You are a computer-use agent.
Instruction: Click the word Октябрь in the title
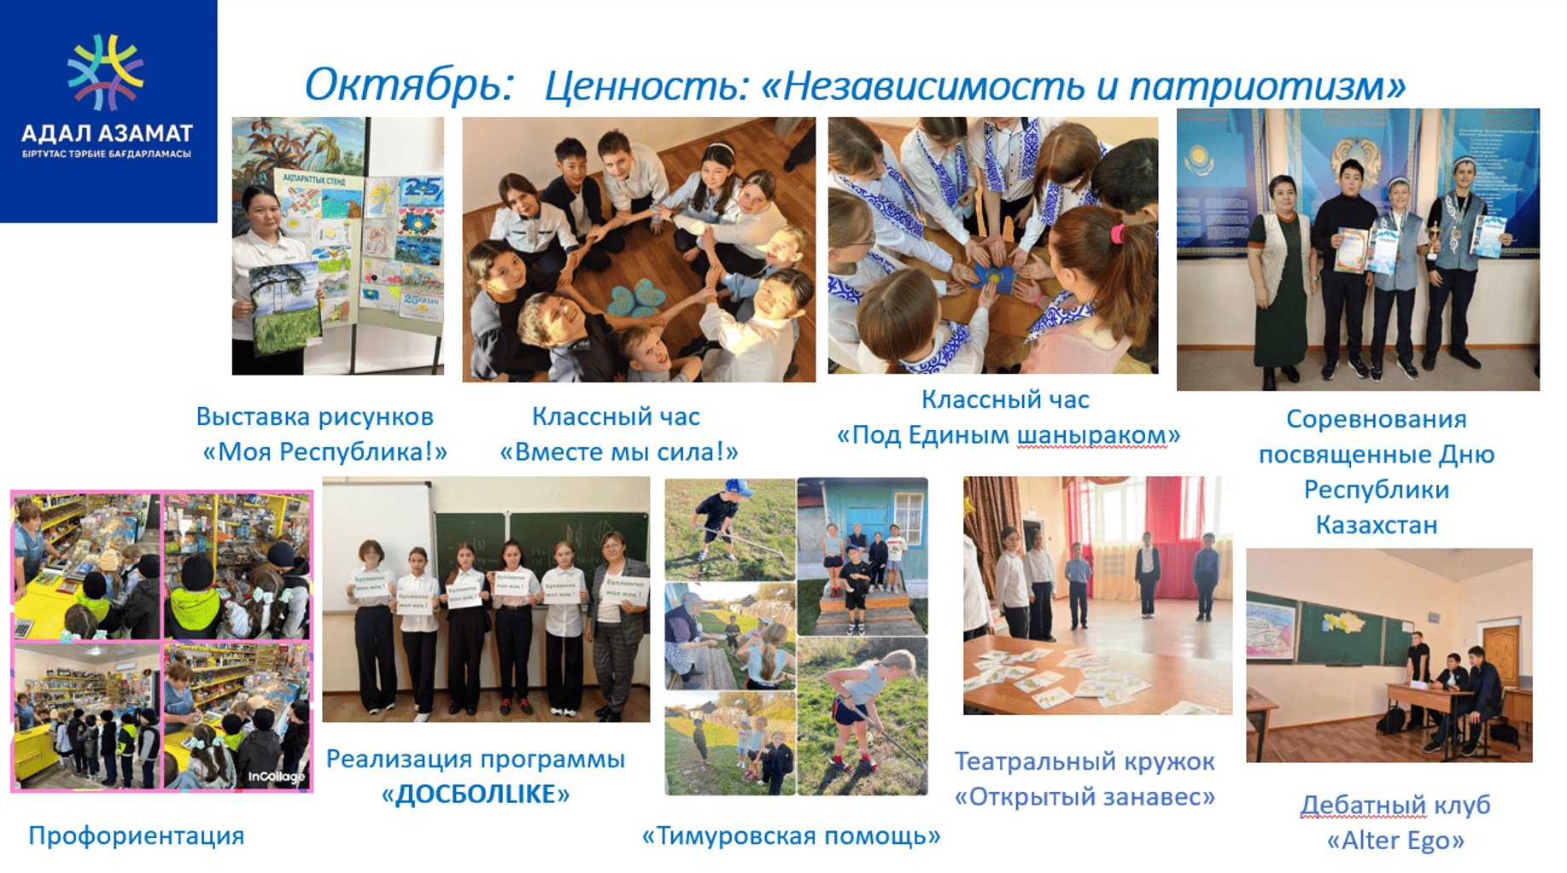pos(409,85)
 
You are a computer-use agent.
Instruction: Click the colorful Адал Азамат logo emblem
pos(106,73)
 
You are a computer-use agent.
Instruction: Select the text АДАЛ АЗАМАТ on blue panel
pos(107,134)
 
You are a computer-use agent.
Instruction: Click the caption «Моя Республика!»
pos(325,451)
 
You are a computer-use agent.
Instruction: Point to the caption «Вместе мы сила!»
pos(618,451)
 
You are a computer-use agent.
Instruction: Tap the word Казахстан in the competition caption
pos(1376,525)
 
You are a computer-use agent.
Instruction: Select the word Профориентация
pos(137,835)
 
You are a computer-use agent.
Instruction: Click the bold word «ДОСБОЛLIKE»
pos(476,794)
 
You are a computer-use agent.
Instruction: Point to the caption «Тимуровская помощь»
pos(791,835)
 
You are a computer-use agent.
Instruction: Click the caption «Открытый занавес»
pos(1085,796)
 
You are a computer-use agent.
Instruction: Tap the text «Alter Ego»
pos(1395,841)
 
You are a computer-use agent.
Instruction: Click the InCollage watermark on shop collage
pos(276,777)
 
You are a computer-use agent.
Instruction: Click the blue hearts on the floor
pos(636,299)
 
